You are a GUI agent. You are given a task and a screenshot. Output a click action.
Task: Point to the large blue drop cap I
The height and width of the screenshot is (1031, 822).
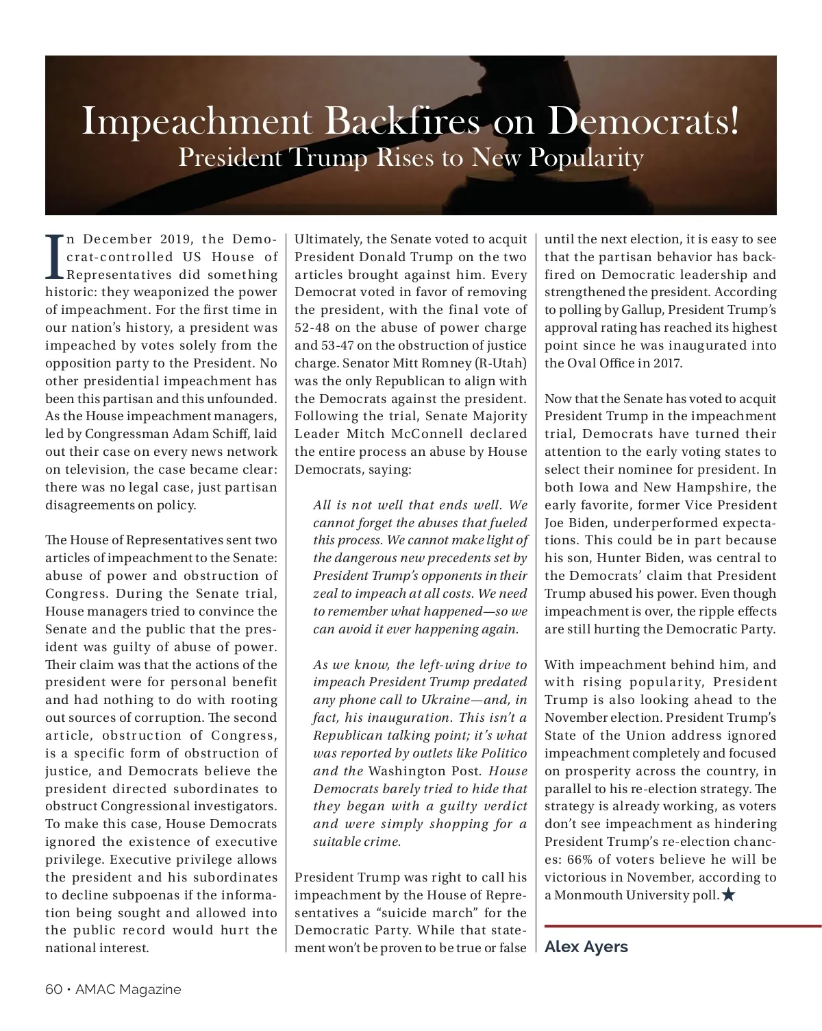tap(55, 258)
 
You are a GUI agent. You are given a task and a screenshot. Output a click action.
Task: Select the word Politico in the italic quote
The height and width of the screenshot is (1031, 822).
tap(503, 753)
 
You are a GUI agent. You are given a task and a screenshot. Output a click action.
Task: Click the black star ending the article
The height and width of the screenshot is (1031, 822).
tap(728, 895)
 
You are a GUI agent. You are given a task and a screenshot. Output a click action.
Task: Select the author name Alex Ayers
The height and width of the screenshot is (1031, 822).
tap(586, 947)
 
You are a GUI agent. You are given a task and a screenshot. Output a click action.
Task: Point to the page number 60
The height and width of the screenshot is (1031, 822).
tap(54, 989)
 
